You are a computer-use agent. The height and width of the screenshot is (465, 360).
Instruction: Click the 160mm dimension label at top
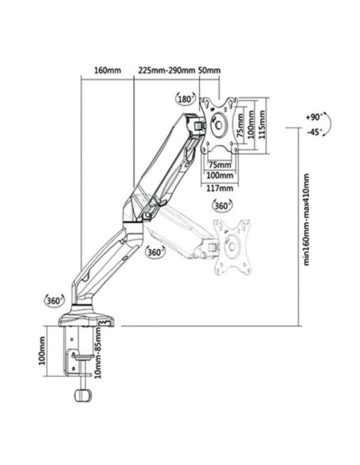[x=108, y=71]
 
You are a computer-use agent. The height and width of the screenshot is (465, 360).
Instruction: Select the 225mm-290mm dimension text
[x=166, y=71]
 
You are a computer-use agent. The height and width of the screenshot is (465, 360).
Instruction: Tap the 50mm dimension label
[x=209, y=71]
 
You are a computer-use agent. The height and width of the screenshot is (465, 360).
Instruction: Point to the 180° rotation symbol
[x=186, y=99]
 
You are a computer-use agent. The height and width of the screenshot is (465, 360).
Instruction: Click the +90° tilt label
[x=314, y=117]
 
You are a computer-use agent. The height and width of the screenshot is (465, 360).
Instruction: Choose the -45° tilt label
[x=314, y=132]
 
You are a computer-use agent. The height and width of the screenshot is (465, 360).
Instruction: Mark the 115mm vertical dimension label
[x=261, y=124]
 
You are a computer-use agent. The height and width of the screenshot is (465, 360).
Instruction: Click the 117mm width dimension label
[x=220, y=188]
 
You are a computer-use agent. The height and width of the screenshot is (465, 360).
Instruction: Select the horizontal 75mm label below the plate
[x=220, y=164]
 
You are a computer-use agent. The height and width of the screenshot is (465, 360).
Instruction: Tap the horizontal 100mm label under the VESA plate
[x=220, y=175]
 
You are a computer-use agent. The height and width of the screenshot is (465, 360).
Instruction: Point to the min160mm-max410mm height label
[x=306, y=220]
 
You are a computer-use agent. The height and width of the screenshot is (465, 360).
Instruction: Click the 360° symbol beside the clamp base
[x=54, y=301]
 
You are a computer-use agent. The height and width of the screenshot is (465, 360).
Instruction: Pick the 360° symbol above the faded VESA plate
[x=221, y=205]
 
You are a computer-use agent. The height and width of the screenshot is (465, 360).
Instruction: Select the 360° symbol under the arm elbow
[x=155, y=252]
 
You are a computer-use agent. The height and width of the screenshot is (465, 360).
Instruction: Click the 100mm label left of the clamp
[x=42, y=351]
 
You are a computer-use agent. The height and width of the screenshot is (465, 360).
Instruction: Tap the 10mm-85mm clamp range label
[x=97, y=353]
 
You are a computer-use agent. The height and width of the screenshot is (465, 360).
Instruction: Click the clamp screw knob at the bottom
[x=83, y=395]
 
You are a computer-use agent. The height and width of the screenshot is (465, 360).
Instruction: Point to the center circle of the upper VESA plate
[x=218, y=124]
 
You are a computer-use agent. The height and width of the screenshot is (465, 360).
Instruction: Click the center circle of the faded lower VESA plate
[x=233, y=247]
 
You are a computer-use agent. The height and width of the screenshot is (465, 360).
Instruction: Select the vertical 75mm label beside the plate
[x=241, y=124]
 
